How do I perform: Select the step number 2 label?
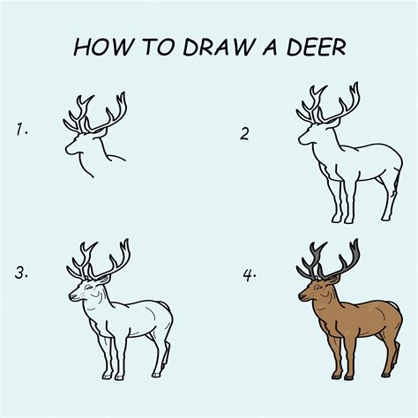(245, 134)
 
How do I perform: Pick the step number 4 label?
(249, 272)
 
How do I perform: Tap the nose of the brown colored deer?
(301, 297)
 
